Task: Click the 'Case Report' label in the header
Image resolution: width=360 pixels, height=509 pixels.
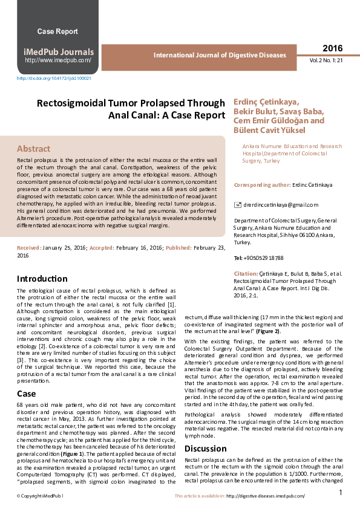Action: pos(57,31)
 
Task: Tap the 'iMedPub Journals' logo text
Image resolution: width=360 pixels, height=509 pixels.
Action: pos(58,52)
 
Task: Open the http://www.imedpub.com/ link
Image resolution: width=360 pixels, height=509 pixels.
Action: pos(58,60)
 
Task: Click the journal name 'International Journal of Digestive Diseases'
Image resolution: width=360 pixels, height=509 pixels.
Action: pos(220,55)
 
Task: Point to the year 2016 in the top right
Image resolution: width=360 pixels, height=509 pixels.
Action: pos(332,48)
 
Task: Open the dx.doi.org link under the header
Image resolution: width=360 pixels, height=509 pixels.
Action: pos(54,78)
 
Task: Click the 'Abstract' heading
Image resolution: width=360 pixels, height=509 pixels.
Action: pos(34,149)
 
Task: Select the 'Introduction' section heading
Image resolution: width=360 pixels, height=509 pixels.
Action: pos(42,279)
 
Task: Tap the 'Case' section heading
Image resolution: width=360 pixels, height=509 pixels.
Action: pos(26,394)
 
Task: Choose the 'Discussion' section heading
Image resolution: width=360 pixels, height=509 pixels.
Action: pos(206,449)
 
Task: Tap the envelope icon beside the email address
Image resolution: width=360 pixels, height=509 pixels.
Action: pos(237,206)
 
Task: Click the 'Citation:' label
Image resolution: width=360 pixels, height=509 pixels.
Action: pos(246,274)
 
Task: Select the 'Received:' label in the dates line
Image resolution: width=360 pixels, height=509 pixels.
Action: pos(29,248)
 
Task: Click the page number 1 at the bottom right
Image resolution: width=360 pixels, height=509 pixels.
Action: pos(341,493)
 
